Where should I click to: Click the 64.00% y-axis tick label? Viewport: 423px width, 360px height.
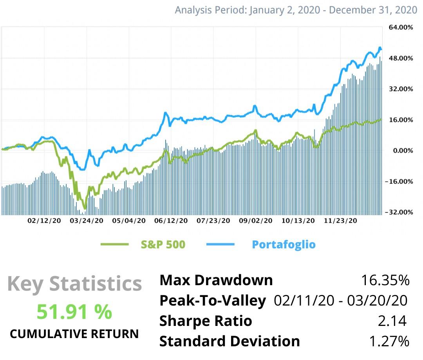point(400,27)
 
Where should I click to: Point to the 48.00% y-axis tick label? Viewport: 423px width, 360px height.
point(400,58)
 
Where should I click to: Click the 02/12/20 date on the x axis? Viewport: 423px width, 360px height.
point(44,221)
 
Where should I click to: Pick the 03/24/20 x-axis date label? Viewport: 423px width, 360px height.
point(87,221)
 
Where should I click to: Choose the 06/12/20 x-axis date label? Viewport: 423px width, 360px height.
point(171,221)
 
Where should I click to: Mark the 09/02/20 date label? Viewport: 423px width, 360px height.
point(256,221)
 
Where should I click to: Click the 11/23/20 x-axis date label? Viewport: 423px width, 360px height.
point(340,221)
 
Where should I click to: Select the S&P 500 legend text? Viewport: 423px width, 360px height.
point(163,244)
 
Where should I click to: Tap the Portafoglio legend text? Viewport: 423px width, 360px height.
point(284,244)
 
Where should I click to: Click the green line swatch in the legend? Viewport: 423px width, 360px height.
point(114,244)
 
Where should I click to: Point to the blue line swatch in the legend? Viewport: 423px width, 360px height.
point(220,244)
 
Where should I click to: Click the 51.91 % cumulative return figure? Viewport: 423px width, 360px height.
point(74,312)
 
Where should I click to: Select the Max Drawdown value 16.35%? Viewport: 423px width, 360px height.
point(385,280)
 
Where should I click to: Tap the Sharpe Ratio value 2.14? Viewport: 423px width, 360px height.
point(392,321)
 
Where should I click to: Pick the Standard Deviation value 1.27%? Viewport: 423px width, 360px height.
point(389,341)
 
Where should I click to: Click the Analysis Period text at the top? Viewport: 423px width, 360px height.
point(296,10)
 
